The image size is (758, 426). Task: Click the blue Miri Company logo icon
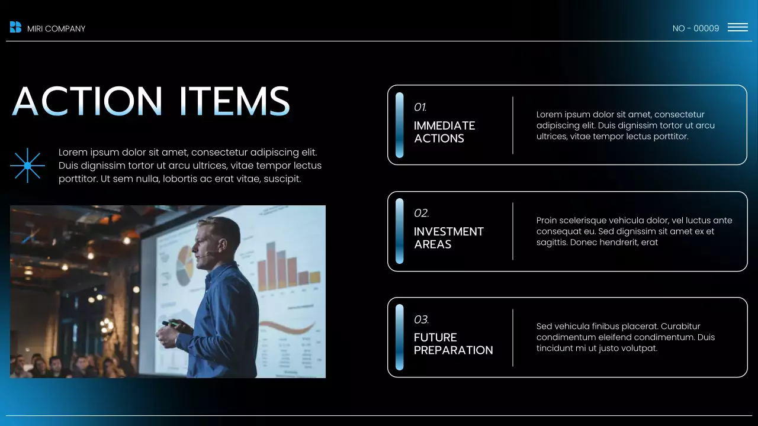(x=15, y=27)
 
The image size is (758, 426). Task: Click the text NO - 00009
(x=696, y=28)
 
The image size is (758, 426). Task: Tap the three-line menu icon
(x=737, y=27)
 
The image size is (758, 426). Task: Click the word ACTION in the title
(x=87, y=101)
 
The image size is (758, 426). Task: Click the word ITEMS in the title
(x=235, y=101)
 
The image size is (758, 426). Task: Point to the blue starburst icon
(x=27, y=166)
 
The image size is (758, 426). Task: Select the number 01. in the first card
(x=420, y=108)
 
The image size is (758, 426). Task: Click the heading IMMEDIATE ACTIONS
(x=444, y=132)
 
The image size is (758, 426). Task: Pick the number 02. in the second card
(x=421, y=213)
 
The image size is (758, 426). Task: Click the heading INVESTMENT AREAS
(x=448, y=238)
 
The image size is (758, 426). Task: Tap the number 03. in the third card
(x=421, y=319)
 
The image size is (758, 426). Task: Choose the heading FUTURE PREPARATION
(x=453, y=344)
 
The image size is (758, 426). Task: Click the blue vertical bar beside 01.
(x=400, y=125)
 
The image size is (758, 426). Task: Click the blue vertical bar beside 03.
(x=400, y=337)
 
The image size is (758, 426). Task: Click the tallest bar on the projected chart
(x=271, y=266)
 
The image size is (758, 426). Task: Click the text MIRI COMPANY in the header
(x=56, y=29)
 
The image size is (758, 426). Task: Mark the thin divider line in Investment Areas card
(x=513, y=231)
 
